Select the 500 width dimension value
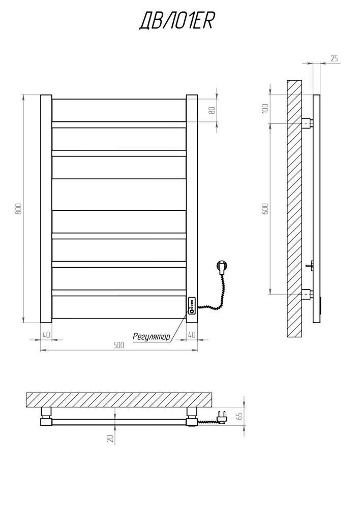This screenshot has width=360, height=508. [x=118, y=345]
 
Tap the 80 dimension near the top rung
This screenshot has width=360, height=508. [x=213, y=110]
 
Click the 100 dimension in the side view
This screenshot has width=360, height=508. [x=265, y=108]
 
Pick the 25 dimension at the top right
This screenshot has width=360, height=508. [x=335, y=58]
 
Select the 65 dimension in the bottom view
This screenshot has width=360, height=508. [x=241, y=416]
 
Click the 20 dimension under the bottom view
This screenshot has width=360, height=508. [x=110, y=439]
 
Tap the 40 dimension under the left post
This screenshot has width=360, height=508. [x=46, y=335]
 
